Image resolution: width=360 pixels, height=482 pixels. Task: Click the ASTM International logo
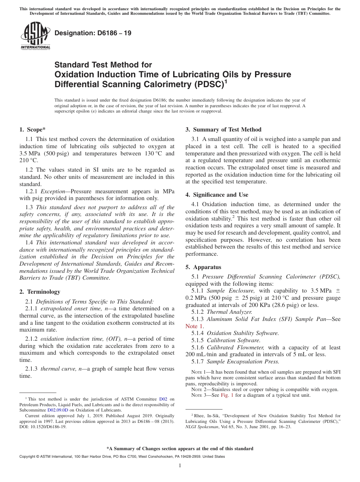[x=35, y=36]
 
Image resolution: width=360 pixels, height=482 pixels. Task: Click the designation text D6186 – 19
[x=93, y=33]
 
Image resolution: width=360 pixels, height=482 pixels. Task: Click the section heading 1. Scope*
[x=32, y=130]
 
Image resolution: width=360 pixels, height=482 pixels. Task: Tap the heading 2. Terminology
[x=40, y=292]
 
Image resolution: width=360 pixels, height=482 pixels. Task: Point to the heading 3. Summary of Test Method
[x=223, y=130]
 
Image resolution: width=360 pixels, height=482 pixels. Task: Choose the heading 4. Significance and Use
[x=217, y=195]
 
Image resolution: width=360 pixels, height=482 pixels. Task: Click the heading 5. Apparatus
[x=203, y=267]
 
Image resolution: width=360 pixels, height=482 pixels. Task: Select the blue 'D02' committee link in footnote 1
[x=163, y=399]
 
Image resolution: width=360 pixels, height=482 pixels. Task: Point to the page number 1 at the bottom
[x=180, y=466]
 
